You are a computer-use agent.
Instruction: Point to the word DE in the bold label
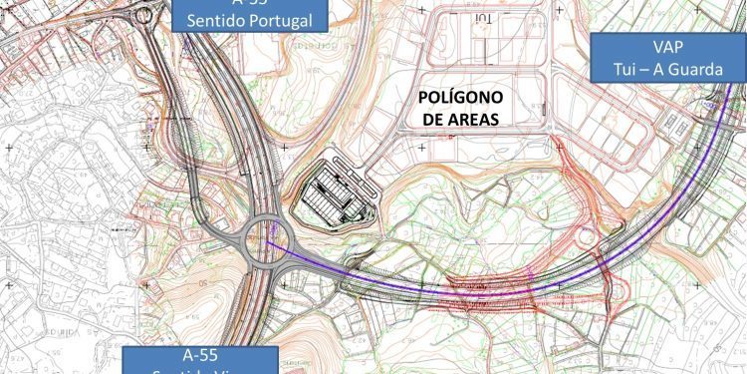click(434, 120)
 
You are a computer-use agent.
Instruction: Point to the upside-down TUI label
click(484, 18)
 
